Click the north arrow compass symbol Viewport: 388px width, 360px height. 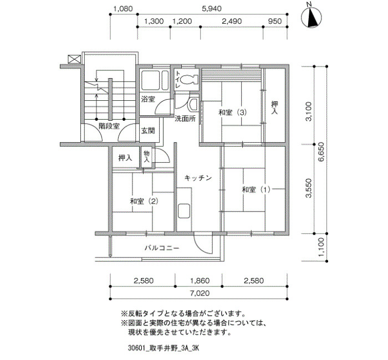click(312, 17)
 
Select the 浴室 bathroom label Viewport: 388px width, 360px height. click(148, 99)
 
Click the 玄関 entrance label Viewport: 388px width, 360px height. click(148, 131)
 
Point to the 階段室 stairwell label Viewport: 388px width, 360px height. click(109, 126)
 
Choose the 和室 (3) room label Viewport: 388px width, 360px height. click(233, 112)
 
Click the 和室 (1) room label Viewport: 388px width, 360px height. click(256, 190)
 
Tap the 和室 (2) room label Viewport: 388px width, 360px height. click(144, 202)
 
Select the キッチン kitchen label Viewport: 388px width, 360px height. click(198, 178)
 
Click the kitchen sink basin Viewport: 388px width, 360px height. click(184, 211)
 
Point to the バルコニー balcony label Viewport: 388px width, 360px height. click(162, 248)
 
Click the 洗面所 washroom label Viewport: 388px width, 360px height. click(185, 119)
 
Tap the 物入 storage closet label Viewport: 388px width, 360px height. click(147, 156)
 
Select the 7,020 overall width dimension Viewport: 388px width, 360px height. click(200, 293)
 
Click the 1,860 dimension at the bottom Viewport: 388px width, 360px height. click(200, 281)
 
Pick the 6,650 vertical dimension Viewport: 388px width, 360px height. click(321, 152)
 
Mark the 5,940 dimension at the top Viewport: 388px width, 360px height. click(212, 9)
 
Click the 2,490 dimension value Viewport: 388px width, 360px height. click(232, 21)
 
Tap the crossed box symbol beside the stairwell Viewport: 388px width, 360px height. click(74, 59)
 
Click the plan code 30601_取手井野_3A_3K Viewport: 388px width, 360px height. click(164, 348)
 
